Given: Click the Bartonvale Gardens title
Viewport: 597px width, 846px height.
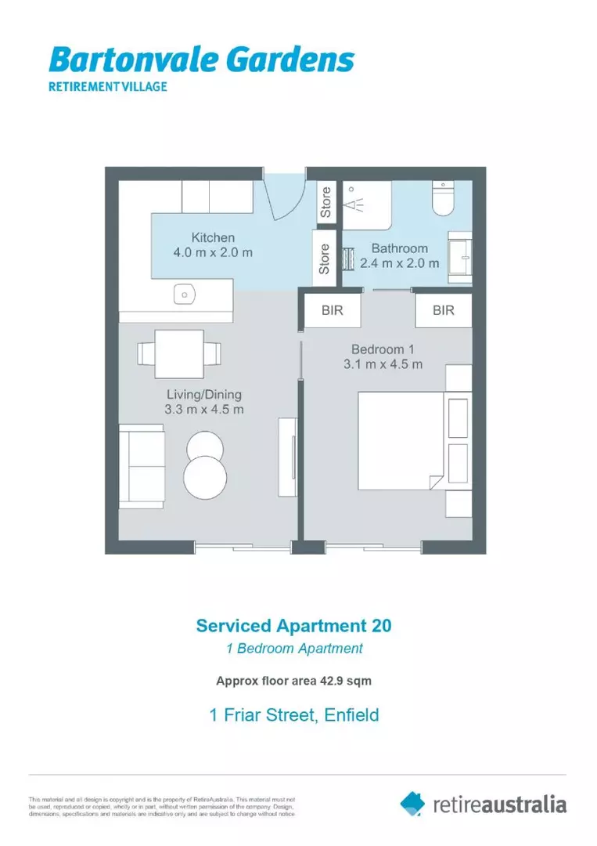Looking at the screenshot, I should click(x=201, y=60).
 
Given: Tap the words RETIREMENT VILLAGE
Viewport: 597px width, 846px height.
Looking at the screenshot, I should click(x=108, y=86).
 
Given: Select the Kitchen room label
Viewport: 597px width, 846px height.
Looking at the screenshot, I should click(x=213, y=237).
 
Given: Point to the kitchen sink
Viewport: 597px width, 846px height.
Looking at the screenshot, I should click(x=184, y=295).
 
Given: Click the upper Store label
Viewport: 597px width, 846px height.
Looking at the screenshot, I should click(x=326, y=202).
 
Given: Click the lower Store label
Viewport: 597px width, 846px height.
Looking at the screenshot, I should click(x=324, y=258).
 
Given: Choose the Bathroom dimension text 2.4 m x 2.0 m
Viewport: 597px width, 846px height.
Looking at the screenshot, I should click(x=400, y=264).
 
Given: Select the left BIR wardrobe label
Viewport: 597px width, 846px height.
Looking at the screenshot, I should click(x=333, y=310).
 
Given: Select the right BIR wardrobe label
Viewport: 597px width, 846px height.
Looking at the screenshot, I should click(x=444, y=310).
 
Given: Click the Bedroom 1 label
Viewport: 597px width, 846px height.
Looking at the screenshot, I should click(x=383, y=349).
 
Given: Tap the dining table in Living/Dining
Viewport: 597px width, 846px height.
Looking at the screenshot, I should click(x=179, y=354).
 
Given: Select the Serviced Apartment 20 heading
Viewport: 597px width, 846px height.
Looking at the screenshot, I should click(x=293, y=626).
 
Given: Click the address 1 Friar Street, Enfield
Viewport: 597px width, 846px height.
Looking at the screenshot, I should click(x=293, y=714).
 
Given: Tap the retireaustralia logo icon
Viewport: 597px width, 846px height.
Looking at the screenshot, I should click(x=412, y=803).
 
